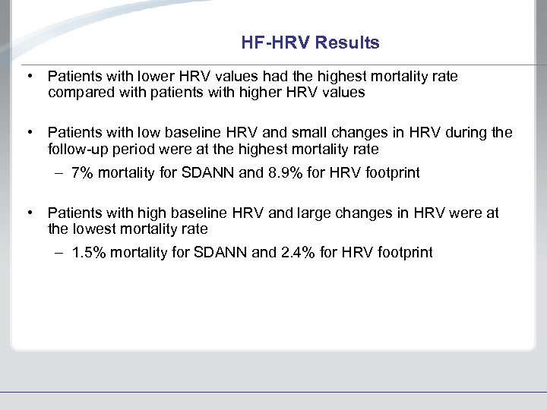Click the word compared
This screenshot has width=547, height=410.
click(80, 93)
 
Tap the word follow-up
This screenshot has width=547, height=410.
click(77, 149)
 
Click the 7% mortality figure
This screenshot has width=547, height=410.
click(81, 173)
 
